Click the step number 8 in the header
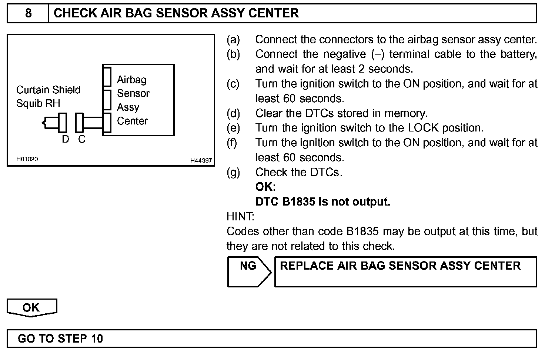[x=28, y=13]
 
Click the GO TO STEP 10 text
[x=60, y=339]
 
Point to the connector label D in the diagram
[x=66, y=139]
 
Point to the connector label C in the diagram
[x=82, y=139]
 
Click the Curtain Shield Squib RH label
[x=48, y=96]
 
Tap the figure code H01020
[x=27, y=159]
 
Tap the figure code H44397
[x=201, y=160]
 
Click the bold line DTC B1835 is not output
[x=323, y=202]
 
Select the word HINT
[x=240, y=216]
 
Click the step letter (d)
[x=233, y=113]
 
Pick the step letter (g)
[x=233, y=172]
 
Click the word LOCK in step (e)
[x=423, y=128]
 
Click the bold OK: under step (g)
[x=265, y=187]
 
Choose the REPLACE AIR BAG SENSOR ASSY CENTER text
[x=400, y=266]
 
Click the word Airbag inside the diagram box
[x=132, y=80]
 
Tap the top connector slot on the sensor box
[x=107, y=77]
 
